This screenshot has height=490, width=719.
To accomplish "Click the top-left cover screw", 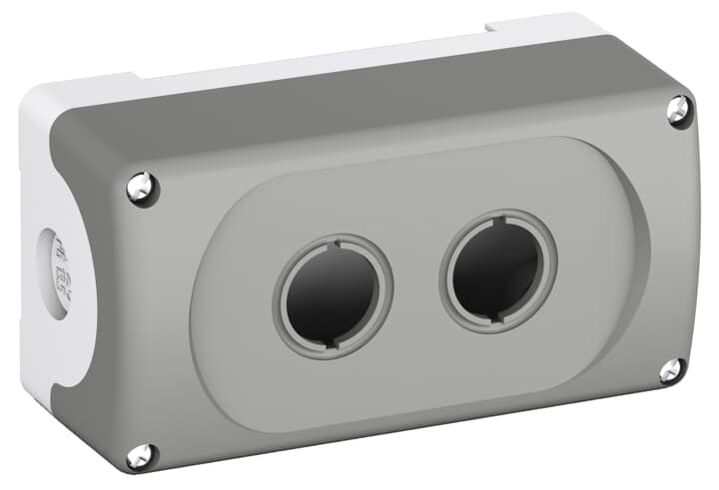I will point(142,187).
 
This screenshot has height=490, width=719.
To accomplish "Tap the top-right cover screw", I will point(679,110).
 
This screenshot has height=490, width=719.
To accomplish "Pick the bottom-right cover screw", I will point(671,370).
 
